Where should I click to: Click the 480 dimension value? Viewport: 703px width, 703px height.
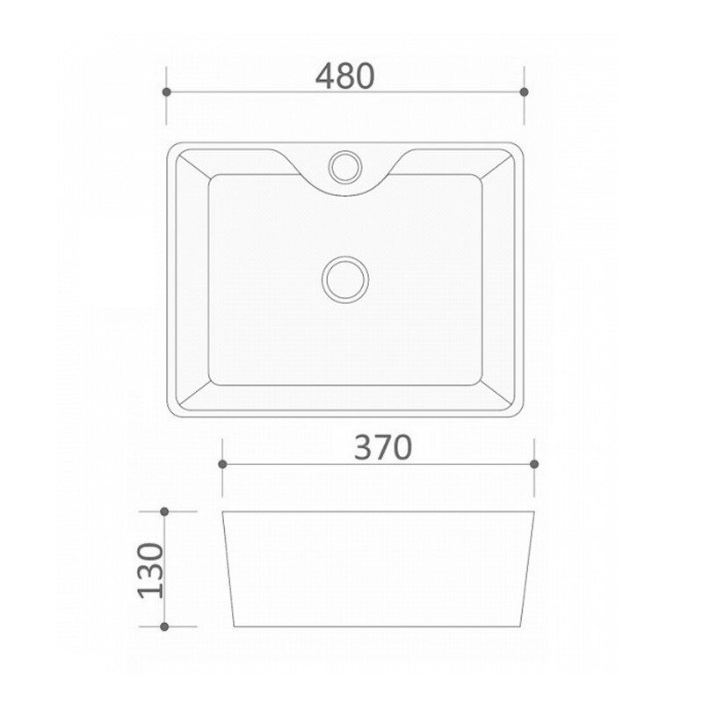click(344, 76)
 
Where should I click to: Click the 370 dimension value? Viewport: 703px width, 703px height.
click(383, 447)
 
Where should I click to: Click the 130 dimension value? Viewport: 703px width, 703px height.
click(151, 570)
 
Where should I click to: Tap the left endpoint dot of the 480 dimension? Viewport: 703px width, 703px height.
click(166, 92)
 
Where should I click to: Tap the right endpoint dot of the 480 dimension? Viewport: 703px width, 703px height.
click(524, 92)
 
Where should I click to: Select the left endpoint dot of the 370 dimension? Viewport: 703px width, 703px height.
click(222, 464)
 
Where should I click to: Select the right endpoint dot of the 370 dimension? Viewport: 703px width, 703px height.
click(534, 464)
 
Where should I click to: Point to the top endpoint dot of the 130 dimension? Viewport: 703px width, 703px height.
click(164, 511)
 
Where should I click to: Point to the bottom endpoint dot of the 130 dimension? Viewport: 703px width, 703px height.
click(164, 627)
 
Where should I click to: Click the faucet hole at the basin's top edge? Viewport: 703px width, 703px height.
click(345, 167)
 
